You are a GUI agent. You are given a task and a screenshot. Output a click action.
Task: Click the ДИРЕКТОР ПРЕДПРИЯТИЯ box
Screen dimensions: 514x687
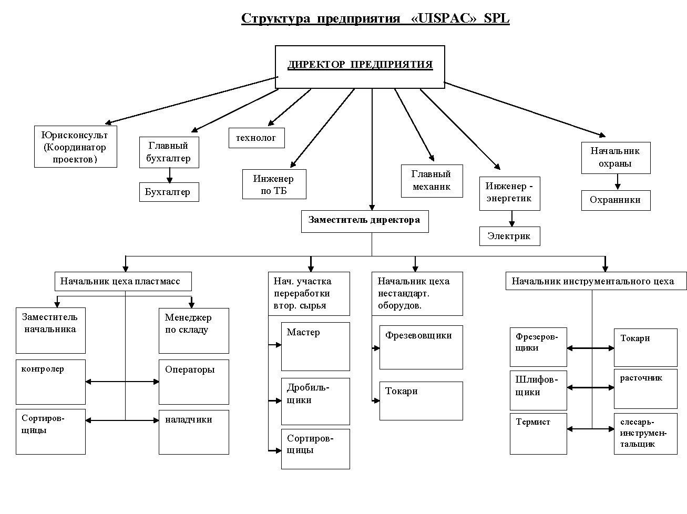point(360,67)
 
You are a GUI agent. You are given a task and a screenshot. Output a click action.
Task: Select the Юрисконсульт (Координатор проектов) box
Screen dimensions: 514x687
point(75,147)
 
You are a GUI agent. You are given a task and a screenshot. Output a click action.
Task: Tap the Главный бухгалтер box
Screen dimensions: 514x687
point(169,152)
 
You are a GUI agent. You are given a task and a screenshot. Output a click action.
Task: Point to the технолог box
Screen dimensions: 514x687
point(257,138)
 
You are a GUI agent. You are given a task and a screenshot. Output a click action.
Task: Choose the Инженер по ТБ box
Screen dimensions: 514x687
point(274,184)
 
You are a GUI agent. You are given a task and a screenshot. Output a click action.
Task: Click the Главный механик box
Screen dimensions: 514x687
point(432,181)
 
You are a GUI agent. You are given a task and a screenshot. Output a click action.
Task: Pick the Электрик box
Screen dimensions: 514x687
point(509,236)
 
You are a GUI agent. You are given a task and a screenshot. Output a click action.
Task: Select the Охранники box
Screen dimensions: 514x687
point(616,200)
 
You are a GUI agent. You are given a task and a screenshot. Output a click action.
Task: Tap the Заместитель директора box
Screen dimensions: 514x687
point(364,221)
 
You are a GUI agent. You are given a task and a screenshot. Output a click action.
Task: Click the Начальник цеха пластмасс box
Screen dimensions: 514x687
point(122,281)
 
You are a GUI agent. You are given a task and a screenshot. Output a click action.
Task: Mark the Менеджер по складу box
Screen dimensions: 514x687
point(193,331)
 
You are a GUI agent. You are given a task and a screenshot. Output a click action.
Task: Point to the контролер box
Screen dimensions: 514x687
point(50,382)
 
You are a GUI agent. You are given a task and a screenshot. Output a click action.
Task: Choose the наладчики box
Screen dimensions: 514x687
point(193,432)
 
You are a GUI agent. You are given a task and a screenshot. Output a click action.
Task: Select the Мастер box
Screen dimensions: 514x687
point(315,346)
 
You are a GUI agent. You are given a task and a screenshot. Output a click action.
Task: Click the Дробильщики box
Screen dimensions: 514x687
point(315,401)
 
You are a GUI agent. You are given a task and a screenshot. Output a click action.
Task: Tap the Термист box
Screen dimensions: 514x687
point(538,434)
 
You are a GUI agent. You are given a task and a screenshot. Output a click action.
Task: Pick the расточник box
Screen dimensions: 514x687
point(645,388)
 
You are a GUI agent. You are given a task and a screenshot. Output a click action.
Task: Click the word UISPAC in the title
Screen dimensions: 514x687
point(445,18)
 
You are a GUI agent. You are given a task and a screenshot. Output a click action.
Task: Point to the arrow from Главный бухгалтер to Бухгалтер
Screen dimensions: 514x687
point(169,175)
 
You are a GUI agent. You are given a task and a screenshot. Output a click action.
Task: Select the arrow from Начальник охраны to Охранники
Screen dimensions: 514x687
point(618,182)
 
